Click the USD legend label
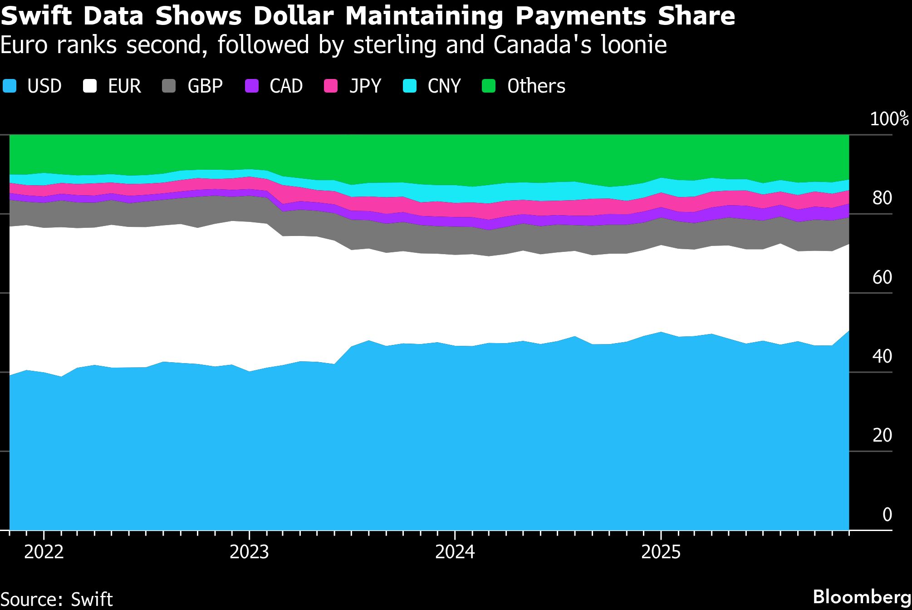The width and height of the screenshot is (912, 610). pyautogui.click(x=44, y=86)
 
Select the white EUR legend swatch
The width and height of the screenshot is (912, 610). pyautogui.click(x=90, y=86)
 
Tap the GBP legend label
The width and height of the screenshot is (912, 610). pyautogui.click(x=205, y=86)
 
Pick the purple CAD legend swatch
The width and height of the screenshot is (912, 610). pyautogui.click(x=252, y=86)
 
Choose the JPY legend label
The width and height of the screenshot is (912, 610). pyautogui.click(x=365, y=86)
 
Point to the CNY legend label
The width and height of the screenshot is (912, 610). pyautogui.click(x=444, y=86)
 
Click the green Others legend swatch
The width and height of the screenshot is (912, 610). pyautogui.click(x=489, y=86)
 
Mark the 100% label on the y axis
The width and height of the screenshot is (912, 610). pyautogui.click(x=889, y=119)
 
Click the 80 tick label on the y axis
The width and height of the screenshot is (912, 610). pyautogui.click(x=882, y=198)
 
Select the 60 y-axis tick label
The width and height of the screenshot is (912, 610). pyautogui.click(x=882, y=277)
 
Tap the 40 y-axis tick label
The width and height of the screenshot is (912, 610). pyautogui.click(x=882, y=357)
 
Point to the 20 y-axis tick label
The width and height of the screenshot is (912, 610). pyautogui.click(x=882, y=436)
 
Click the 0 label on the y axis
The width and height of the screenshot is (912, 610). pyautogui.click(x=887, y=515)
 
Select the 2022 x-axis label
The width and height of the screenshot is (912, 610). pyautogui.click(x=44, y=552)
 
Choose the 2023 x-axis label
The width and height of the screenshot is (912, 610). pyautogui.click(x=249, y=552)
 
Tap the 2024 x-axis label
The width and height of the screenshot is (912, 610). pyautogui.click(x=455, y=552)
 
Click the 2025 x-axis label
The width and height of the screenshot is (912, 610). pyautogui.click(x=661, y=552)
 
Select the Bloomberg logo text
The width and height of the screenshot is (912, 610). pyautogui.click(x=862, y=597)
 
